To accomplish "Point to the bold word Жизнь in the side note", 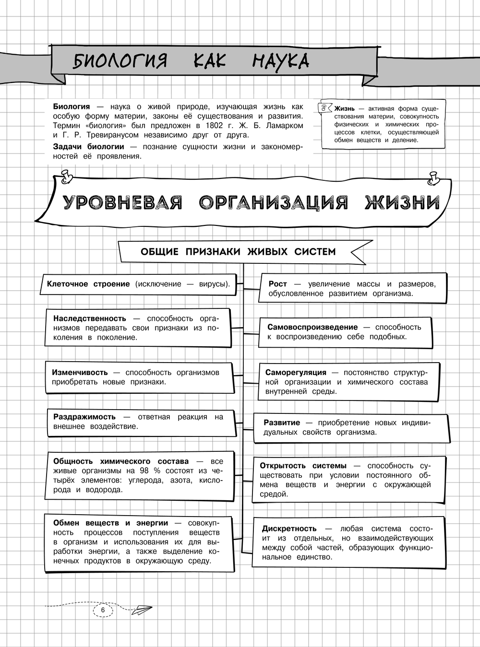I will pyautogui.click(x=345, y=109).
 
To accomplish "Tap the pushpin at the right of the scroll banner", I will pyautogui.click(x=434, y=178).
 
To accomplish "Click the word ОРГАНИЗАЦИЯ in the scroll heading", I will pyautogui.click(x=273, y=203).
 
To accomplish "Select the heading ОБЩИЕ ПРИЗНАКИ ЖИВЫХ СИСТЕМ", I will pyautogui.click(x=238, y=252).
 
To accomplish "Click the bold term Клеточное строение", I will pyautogui.click(x=88, y=284).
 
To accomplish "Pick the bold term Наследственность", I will pyautogui.click(x=90, y=318).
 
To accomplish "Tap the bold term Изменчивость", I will pyautogui.click(x=80, y=373).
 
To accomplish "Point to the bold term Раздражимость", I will pyautogui.click(x=84, y=417).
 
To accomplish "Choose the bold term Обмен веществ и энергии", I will pyautogui.click(x=110, y=523).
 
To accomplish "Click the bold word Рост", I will pyautogui.click(x=277, y=284).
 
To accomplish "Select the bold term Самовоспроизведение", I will pyautogui.click(x=312, y=327).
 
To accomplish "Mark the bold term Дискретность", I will pyautogui.click(x=289, y=529).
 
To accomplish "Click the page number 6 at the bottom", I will pyautogui.click(x=102, y=610).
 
